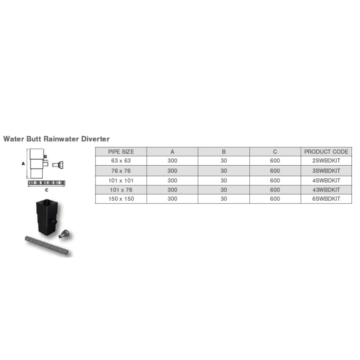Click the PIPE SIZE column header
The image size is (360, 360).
121,152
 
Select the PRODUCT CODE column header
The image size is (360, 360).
326,152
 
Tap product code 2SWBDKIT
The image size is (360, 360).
326,161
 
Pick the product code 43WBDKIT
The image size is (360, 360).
326,190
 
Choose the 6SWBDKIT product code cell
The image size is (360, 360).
326,199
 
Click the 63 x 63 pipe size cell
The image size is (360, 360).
121,161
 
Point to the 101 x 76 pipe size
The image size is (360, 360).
121,190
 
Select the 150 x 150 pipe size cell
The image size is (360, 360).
121,199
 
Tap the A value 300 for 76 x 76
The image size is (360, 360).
172,171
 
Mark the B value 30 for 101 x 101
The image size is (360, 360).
224,181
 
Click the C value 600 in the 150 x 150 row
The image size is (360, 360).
275,199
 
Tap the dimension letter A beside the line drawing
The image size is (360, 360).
23,164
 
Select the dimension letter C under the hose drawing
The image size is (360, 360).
47,190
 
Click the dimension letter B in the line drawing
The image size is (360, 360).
45,157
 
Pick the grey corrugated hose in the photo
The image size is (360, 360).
47,246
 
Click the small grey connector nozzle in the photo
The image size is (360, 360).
64,234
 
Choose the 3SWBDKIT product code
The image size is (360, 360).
326,171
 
